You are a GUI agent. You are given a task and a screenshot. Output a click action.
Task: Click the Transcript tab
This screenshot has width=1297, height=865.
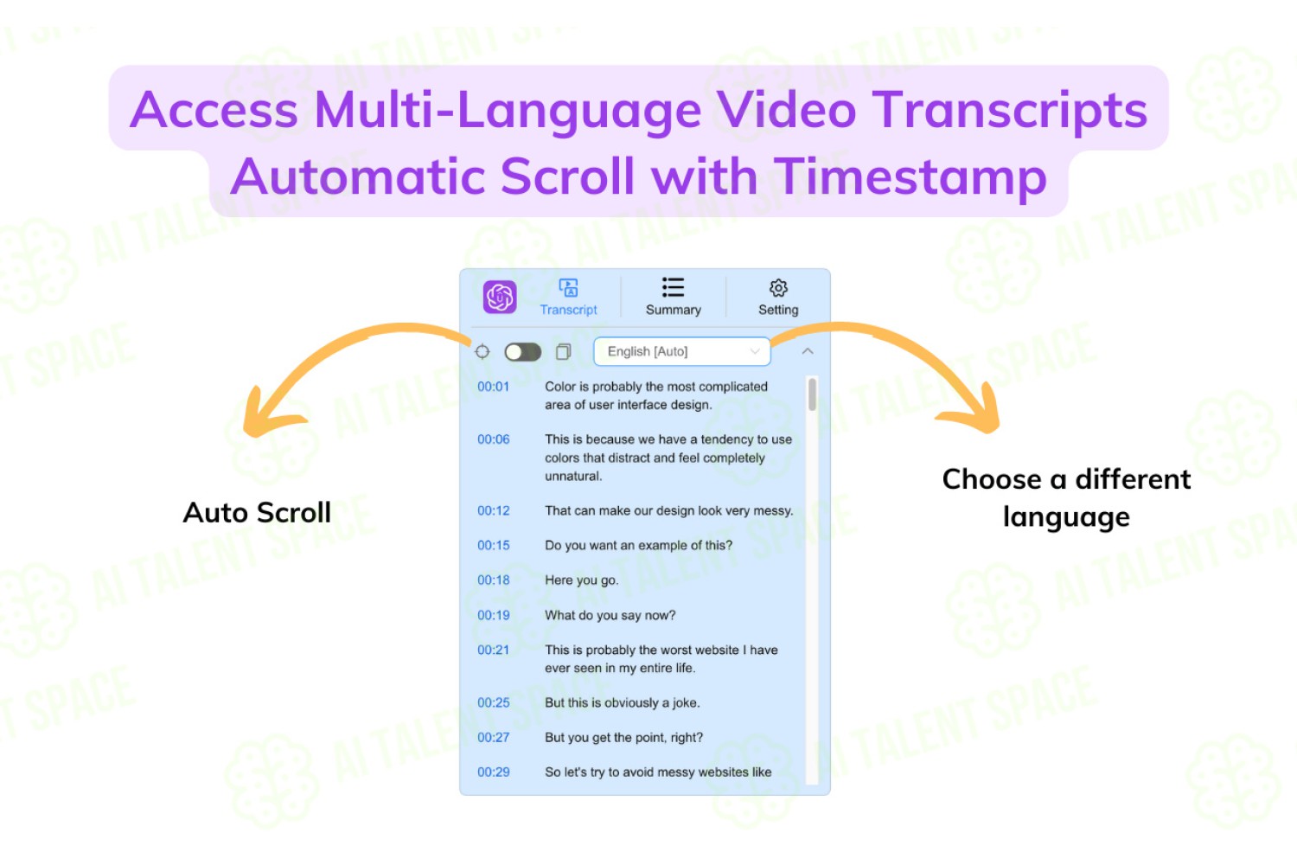(x=568, y=298)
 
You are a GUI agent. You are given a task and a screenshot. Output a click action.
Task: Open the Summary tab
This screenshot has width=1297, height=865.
(x=673, y=298)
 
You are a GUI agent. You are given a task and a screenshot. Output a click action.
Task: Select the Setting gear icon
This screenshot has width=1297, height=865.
(x=778, y=288)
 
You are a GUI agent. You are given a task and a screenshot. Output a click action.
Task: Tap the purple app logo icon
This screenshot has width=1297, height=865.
(x=500, y=298)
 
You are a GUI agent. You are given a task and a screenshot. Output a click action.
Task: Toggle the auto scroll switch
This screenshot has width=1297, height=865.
(x=522, y=352)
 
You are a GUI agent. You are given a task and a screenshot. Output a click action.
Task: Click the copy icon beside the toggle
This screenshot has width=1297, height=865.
(x=564, y=352)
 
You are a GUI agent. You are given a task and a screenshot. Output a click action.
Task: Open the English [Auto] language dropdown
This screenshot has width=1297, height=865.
(x=682, y=352)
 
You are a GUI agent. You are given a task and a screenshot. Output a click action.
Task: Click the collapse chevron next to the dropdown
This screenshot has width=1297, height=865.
(x=808, y=351)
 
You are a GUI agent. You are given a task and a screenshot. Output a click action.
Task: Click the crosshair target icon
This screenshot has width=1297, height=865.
(x=482, y=352)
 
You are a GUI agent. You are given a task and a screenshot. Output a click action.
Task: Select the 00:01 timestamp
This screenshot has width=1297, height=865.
(x=494, y=387)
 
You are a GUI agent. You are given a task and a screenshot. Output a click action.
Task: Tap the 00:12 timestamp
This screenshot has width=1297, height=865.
(x=494, y=511)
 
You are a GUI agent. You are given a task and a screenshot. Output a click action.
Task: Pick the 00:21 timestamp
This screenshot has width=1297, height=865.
(x=494, y=650)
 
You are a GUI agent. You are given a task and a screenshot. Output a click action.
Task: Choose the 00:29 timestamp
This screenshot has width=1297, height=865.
(x=494, y=772)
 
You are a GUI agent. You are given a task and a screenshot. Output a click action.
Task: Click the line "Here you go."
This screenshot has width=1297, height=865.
(x=581, y=580)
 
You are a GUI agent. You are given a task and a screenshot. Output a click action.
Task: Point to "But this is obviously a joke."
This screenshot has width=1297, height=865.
(x=623, y=703)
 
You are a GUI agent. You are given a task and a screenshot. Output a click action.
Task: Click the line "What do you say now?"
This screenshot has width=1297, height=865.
(x=610, y=615)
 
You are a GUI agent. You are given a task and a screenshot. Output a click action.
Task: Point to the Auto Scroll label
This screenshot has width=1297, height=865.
(x=257, y=513)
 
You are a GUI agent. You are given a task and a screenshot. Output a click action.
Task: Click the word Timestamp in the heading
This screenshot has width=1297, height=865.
(x=910, y=177)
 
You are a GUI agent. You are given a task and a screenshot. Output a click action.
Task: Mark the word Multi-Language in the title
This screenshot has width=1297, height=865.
(x=508, y=110)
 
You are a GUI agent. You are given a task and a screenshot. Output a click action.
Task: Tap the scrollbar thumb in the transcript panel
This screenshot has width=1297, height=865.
(x=813, y=394)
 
